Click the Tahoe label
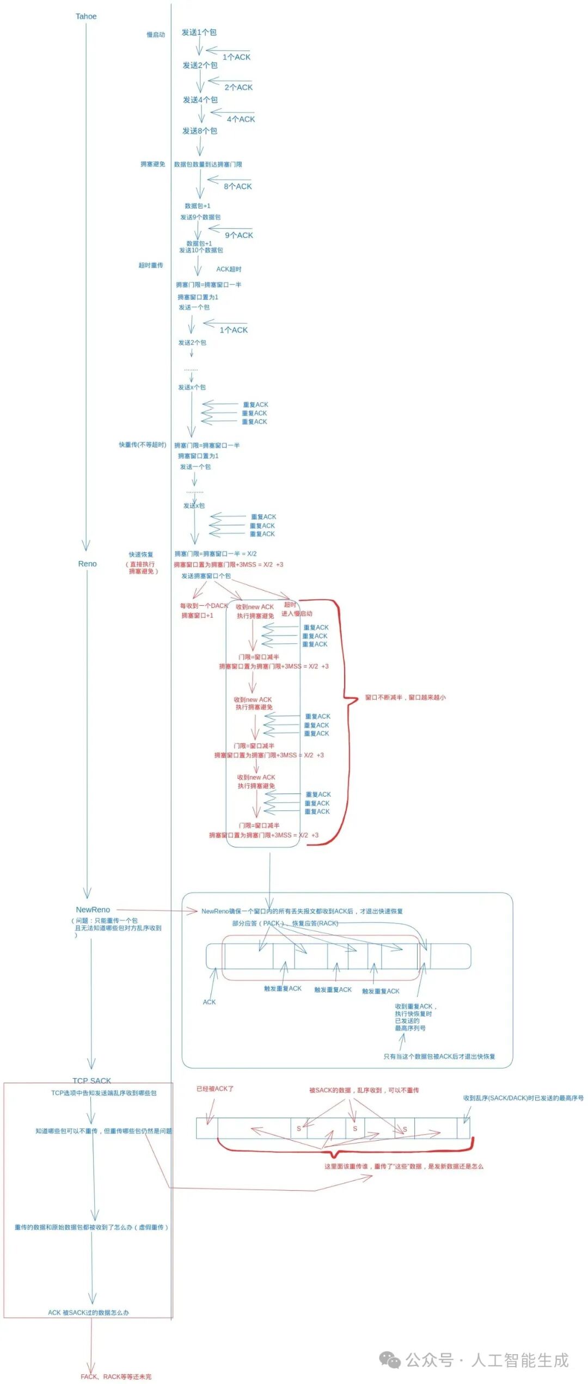[86, 16]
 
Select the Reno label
[87, 564]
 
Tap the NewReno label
[93, 909]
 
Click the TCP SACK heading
[91, 1080]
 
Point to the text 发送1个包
[199, 33]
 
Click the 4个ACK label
[241, 119]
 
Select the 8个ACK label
[238, 186]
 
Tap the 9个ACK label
[239, 235]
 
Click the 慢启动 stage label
[156, 35]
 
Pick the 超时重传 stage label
[151, 266]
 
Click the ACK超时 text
[229, 269]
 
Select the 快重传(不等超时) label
[143, 445]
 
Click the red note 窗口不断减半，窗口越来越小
[405, 697]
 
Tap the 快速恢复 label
[141, 555]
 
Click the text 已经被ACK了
[215, 1088]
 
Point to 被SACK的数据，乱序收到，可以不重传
[364, 1090]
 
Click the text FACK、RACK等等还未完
[116, 1376]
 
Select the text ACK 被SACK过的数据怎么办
[88, 1313]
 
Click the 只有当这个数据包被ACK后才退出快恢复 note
[439, 1056]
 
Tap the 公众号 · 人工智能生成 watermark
[487, 1360]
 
